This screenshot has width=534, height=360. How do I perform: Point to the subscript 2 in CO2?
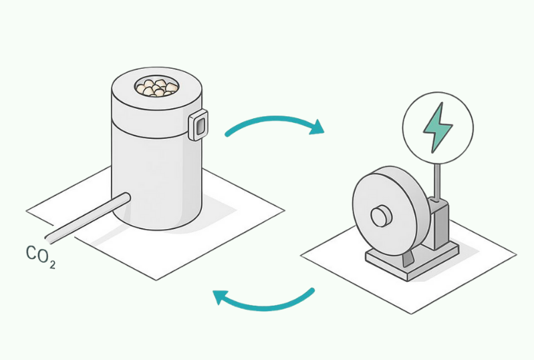coord(51,264)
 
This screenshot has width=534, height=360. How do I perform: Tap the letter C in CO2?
coord(31,253)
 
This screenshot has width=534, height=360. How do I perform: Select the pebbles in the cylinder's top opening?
coord(157,87)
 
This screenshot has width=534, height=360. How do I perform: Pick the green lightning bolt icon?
coord(437,128)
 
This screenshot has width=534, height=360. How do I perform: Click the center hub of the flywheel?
coord(380,216)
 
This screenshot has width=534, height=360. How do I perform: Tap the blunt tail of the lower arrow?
coord(311,291)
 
